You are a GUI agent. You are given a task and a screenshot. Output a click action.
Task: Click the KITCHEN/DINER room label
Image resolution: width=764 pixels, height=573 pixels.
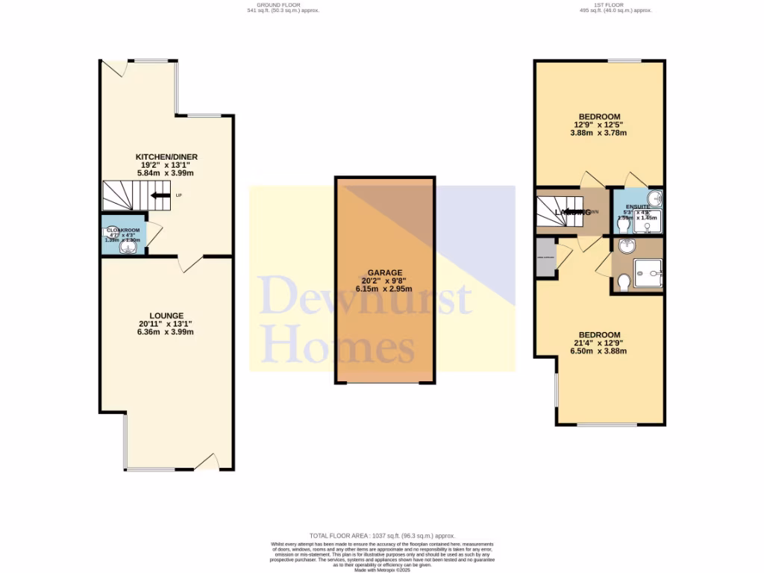(x=166, y=156)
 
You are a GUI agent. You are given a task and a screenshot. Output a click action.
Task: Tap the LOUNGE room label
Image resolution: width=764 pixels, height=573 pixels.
(x=166, y=316)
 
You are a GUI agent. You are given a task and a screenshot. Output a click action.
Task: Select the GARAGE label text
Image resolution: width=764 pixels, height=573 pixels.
(x=384, y=272)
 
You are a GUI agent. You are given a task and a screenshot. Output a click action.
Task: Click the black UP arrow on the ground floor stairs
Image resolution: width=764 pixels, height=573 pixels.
(x=160, y=195)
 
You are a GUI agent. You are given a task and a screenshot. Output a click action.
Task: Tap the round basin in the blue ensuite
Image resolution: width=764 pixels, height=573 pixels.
(x=654, y=198)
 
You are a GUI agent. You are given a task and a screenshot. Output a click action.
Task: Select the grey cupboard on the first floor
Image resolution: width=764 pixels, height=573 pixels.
(x=545, y=258)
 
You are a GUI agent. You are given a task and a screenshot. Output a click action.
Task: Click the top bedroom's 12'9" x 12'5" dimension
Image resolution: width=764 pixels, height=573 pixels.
(x=598, y=125)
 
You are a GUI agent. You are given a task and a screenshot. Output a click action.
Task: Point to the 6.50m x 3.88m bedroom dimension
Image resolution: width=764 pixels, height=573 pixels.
(x=600, y=351)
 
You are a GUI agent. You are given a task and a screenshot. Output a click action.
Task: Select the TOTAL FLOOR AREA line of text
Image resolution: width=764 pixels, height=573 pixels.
(x=382, y=536)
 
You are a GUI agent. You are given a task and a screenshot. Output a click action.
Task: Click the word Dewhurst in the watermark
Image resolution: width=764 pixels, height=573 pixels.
(x=366, y=295)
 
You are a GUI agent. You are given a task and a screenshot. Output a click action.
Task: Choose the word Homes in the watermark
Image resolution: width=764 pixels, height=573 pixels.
(x=339, y=346)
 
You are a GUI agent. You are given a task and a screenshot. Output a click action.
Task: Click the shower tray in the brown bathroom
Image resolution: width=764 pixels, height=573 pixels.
(x=646, y=273)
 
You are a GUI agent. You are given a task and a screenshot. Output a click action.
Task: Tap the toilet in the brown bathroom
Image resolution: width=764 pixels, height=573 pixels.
(x=624, y=282)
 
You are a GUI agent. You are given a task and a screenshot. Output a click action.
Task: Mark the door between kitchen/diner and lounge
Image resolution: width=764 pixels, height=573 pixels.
(x=190, y=263)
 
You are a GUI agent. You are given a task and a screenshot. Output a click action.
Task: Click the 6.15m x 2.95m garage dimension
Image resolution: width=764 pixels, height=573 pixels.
(x=384, y=288)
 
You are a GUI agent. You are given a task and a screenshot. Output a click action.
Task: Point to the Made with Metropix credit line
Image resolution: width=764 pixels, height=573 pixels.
(x=382, y=571)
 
